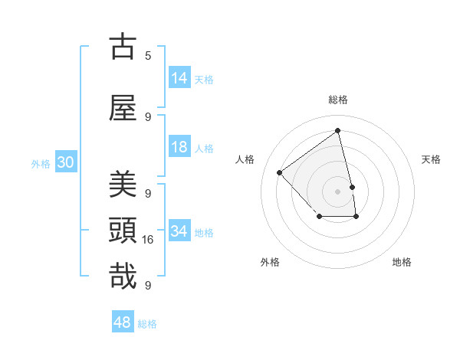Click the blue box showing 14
tap(179, 77)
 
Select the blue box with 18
tap(179, 147)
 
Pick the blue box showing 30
tap(65, 162)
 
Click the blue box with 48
tap(123, 322)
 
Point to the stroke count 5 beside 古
tap(148, 55)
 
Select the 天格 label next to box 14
tap(204, 79)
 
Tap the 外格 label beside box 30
tap(41, 163)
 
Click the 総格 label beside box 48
tap(147, 324)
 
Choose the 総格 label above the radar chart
tap(338, 100)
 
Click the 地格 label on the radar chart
tap(402, 262)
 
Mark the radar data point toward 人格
tap(280, 172)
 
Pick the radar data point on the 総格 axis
tap(338, 130)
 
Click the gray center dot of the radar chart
tap(338, 191)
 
